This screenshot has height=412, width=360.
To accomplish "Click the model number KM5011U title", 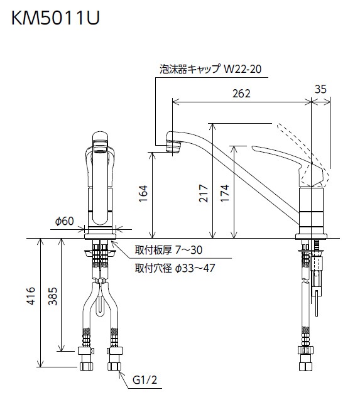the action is click(55, 18).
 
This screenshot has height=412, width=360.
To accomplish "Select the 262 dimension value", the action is click(241, 94).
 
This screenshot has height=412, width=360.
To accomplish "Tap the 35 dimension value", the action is click(320, 89).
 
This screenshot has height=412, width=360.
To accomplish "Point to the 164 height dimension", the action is click(143, 194).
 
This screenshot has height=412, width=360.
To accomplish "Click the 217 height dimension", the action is click(204, 193).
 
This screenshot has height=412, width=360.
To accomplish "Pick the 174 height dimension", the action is click(225, 193).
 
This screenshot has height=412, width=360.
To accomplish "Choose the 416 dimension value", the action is click(31, 296).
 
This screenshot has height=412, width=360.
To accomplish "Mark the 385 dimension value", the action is click(53, 296).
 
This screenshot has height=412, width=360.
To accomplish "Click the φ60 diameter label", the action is click(64, 221).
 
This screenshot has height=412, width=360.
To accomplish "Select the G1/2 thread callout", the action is click(145, 380).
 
